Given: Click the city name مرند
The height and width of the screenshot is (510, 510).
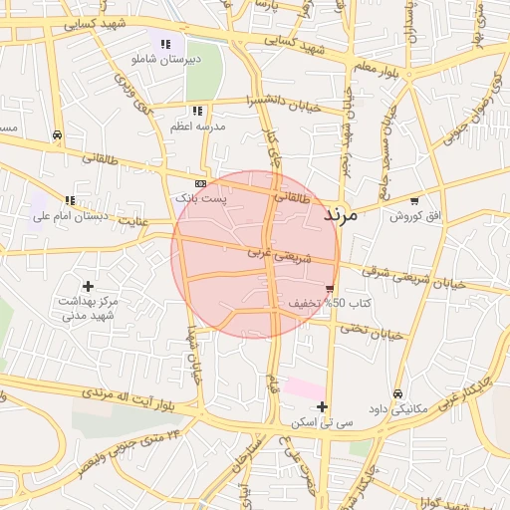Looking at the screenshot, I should [x=347, y=213].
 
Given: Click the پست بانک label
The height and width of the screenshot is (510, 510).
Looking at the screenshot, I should [x=201, y=199].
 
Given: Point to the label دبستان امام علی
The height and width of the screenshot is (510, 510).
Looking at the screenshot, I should [x=70, y=215].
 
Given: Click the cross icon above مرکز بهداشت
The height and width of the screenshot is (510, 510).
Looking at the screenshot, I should [x=88, y=286].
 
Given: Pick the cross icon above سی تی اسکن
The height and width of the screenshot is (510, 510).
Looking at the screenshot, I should [x=322, y=406].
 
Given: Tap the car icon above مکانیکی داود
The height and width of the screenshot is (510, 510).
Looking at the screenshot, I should [x=398, y=393].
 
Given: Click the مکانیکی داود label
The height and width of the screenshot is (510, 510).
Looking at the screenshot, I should [x=398, y=408].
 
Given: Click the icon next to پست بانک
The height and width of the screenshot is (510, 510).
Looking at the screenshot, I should [x=201, y=184].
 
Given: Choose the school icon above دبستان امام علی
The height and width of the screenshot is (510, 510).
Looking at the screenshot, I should [x=70, y=200].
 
